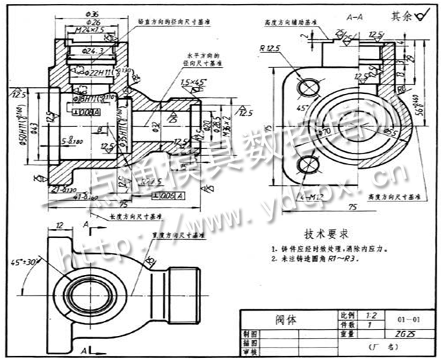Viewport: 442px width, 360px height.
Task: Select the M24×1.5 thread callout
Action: pos(89,30)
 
